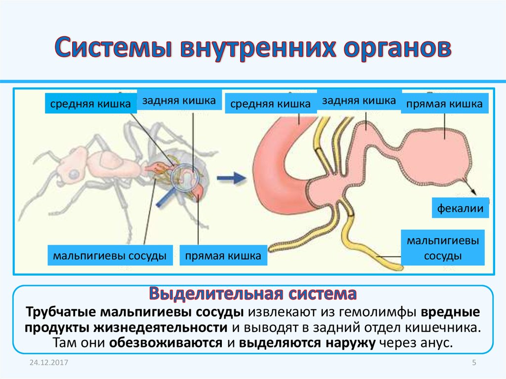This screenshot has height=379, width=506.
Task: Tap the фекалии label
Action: (x=461, y=209)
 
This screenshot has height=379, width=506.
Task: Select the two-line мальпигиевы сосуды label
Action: (x=443, y=249)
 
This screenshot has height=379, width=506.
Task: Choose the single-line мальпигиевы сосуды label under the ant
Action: (x=109, y=256)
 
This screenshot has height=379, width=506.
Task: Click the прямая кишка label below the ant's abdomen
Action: (x=223, y=256)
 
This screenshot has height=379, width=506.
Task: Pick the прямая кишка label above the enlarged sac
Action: (x=444, y=104)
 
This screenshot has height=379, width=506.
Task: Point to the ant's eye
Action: (x=73, y=174)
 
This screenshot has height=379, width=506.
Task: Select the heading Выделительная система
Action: (x=253, y=295)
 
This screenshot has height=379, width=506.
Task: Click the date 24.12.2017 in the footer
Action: (x=48, y=363)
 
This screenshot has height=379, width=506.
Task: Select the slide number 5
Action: (x=474, y=363)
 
